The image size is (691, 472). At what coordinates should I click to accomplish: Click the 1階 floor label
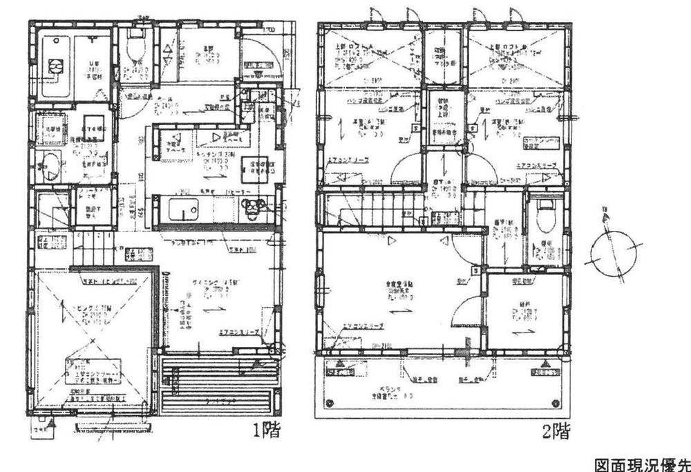pos(265,433)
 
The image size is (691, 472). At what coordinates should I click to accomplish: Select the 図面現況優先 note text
pos(641,464)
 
